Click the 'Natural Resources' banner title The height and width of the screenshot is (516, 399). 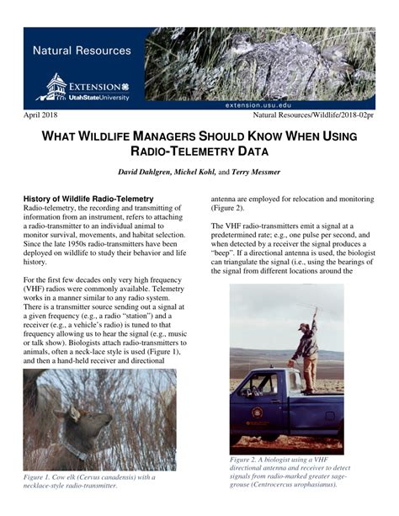click(82, 51)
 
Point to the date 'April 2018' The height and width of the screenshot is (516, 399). click(40, 114)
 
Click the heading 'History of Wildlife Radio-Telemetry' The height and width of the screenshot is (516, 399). click(88, 199)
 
